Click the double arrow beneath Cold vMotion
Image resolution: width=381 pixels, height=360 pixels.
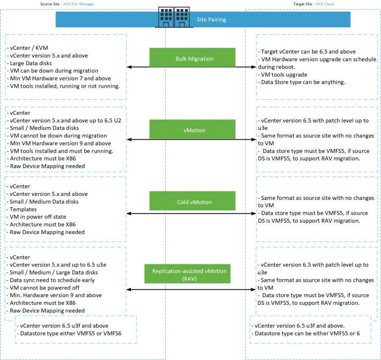click(x=191, y=214)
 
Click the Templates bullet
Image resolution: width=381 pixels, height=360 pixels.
click(x=23, y=209)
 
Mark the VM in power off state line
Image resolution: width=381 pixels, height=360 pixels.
click(x=39, y=217)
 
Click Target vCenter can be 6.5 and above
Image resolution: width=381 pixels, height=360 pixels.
click(x=307, y=52)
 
